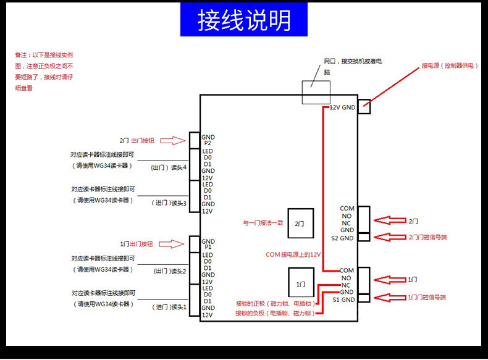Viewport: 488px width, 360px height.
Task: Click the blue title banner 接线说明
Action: [244, 19]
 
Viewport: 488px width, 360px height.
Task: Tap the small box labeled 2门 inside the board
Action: [300, 223]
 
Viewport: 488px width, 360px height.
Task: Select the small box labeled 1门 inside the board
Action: [301, 284]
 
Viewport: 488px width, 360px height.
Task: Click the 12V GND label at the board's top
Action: [342, 107]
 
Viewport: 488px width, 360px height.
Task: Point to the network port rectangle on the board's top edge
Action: [316, 92]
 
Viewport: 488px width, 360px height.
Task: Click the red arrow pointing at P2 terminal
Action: [177, 140]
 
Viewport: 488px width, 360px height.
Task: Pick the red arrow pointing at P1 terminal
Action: [177, 244]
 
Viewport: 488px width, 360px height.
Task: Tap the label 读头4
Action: [179, 167]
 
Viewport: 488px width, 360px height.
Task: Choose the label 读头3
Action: [179, 203]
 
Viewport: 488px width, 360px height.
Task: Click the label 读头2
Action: [179, 271]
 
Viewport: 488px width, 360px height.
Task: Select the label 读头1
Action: [179, 306]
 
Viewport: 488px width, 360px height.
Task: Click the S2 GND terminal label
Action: [342, 238]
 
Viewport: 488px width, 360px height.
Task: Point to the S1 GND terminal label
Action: [343, 299]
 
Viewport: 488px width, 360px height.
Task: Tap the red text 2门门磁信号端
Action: [427, 237]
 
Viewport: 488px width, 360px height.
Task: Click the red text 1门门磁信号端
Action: [427, 298]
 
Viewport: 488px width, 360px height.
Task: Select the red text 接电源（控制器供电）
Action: [450, 65]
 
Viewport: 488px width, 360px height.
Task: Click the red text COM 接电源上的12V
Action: [293, 254]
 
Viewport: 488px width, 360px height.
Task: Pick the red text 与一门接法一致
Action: [263, 222]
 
